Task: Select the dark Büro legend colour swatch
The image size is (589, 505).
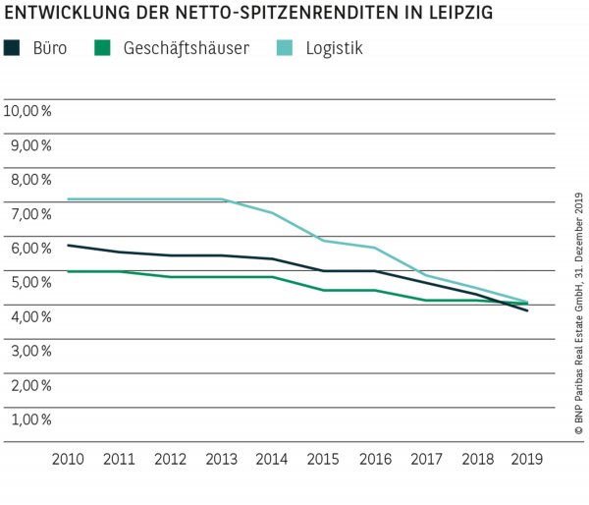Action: coord(12,47)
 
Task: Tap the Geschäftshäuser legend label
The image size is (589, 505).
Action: coord(178,47)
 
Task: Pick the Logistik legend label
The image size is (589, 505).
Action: coord(331,47)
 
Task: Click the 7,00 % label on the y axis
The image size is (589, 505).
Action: coord(30,213)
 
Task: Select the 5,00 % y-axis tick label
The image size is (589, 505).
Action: coord(30,282)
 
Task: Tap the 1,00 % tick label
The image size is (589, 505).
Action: coord(30,419)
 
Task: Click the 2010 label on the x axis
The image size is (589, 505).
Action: coord(68,459)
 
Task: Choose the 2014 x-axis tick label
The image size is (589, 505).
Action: coord(272,459)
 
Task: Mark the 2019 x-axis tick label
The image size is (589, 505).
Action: coord(527,459)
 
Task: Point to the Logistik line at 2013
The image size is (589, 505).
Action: coord(221,199)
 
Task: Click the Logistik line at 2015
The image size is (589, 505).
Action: coord(323,241)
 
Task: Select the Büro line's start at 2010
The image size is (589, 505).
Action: coord(68,246)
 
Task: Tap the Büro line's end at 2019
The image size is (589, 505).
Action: coord(527,310)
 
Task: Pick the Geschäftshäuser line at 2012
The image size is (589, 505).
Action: coord(170,277)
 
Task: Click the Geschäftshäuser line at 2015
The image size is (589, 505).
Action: coord(323,290)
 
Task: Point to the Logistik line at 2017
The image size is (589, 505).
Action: coord(425,275)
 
